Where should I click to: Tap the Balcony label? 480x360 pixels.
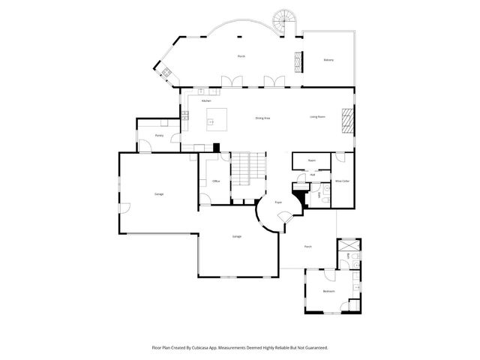pyautogui.click(x=328, y=60)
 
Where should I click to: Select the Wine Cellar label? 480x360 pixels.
pyautogui.click(x=342, y=181)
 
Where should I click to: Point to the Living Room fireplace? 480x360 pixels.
pyautogui.click(x=347, y=118)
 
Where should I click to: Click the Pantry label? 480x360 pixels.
pyautogui.click(x=159, y=136)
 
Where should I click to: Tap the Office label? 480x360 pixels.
pyautogui.click(x=215, y=181)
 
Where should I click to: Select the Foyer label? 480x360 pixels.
pyautogui.click(x=277, y=202)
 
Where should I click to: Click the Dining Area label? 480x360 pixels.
pyautogui.click(x=262, y=118)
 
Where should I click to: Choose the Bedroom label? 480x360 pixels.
pyautogui.click(x=328, y=291)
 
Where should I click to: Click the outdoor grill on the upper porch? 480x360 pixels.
pyautogui.click(x=165, y=73)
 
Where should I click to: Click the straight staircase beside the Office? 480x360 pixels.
pyautogui.click(x=248, y=170)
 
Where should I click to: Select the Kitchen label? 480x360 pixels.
pyautogui.click(x=206, y=100)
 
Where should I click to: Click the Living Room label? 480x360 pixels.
pyautogui.click(x=317, y=117)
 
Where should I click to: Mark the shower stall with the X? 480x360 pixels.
pyautogui.click(x=349, y=246)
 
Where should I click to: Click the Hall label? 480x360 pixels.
pyautogui.click(x=313, y=175)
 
